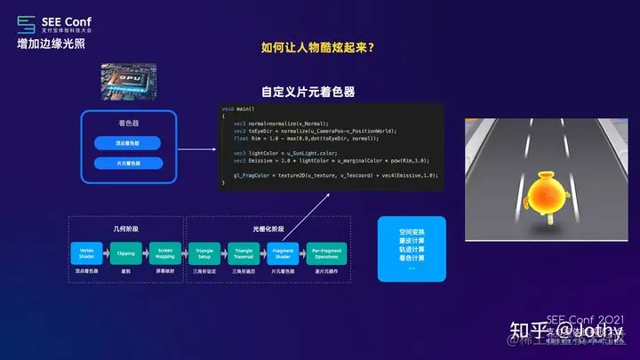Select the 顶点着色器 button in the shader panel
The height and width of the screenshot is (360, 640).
(127, 142)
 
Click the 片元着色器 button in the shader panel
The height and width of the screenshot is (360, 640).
(127, 164)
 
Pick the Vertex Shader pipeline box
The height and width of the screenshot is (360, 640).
(88, 255)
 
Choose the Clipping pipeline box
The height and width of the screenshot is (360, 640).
(126, 255)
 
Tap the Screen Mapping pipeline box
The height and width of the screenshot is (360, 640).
(164, 255)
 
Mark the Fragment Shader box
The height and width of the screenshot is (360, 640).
(284, 255)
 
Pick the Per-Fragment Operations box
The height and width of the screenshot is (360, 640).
(326, 255)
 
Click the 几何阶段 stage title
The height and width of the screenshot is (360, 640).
(126, 228)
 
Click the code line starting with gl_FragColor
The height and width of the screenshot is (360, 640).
(329, 176)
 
